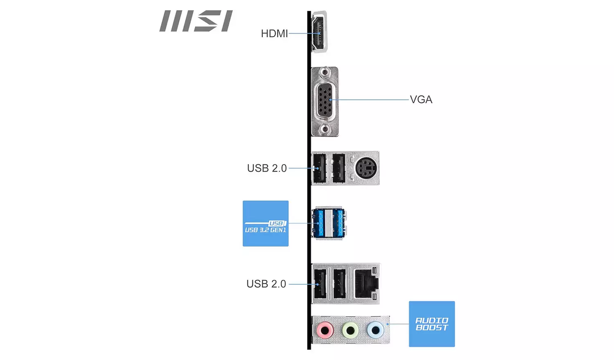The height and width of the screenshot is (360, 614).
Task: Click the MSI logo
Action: click(x=196, y=21)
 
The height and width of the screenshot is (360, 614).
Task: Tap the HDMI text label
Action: click(x=274, y=34)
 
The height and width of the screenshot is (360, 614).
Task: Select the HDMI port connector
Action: click(x=319, y=32)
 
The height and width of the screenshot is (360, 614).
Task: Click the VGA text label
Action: click(x=421, y=99)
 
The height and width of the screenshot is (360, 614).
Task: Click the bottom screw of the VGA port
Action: click(x=325, y=129)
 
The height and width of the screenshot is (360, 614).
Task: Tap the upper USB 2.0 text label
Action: click(x=266, y=168)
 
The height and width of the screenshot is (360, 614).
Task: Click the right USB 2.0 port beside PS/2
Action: click(x=339, y=168)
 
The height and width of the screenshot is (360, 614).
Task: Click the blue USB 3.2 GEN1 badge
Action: click(x=265, y=223)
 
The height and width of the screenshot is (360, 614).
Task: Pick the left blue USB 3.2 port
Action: click(x=319, y=223)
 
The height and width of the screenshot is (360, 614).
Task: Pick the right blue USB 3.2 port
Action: click(x=338, y=223)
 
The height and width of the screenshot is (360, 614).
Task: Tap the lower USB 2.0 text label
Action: click(x=266, y=284)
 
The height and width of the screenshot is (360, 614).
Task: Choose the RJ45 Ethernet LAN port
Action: click(x=366, y=283)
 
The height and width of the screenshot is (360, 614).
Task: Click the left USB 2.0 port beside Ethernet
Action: click(x=320, y=283)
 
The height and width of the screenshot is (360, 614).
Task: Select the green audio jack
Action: click(x=350, y=329)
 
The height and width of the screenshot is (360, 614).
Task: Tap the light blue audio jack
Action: click(x=375, y=329)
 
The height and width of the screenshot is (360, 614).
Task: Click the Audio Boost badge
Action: click(x=431, y=324)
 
